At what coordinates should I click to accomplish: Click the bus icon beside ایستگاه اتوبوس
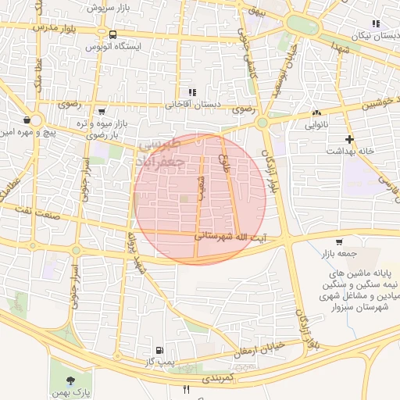(113, 35)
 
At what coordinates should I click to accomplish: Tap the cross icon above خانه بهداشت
(350, 138)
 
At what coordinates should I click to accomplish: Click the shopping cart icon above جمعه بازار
(338, 242)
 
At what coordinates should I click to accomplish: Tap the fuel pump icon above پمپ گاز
(159, 350)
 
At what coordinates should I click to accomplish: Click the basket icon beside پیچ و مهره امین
(28, 120)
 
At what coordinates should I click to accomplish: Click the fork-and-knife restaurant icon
(186, 388)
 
